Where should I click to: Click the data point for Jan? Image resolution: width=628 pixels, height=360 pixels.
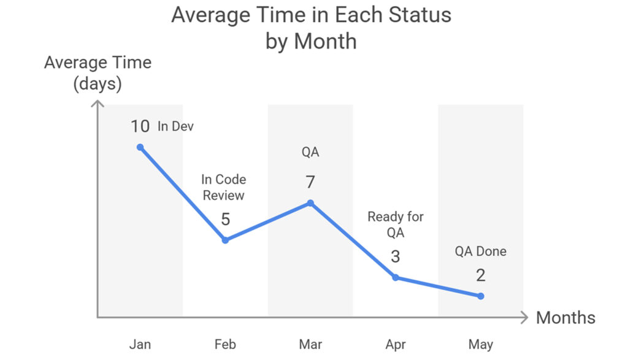click(140, 147)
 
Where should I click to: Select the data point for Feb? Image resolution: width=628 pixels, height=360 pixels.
click(225, 240)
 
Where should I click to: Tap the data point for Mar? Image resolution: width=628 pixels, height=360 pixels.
click(310, 203)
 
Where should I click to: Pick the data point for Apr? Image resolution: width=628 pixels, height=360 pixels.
click(396, 277)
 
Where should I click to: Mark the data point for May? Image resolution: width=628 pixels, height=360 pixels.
click(481, 296)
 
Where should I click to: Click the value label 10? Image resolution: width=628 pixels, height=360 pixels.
click(140, 126)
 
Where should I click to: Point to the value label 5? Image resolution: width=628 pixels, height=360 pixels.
click(225, 219)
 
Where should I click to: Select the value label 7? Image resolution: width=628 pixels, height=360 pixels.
click(310, 182)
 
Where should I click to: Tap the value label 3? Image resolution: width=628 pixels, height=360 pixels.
click(396, 256)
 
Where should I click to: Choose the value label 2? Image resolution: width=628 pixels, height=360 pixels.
click(481, 275)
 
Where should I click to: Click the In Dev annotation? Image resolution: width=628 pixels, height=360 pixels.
click(176, 127)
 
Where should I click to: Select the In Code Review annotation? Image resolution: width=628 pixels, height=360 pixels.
click(224, 187)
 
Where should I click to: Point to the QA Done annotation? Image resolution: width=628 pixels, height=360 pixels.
click(481, 251)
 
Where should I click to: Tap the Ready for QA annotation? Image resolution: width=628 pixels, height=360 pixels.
click(396, 224)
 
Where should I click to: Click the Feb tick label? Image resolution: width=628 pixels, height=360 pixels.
click(225, 344)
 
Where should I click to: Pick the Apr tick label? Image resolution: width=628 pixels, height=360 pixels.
click(396, 344)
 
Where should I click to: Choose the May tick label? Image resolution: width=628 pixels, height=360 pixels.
click(481, 344)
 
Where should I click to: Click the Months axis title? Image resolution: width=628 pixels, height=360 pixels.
click(565, 318)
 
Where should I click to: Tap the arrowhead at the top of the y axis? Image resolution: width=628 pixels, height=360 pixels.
click(98, 104)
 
